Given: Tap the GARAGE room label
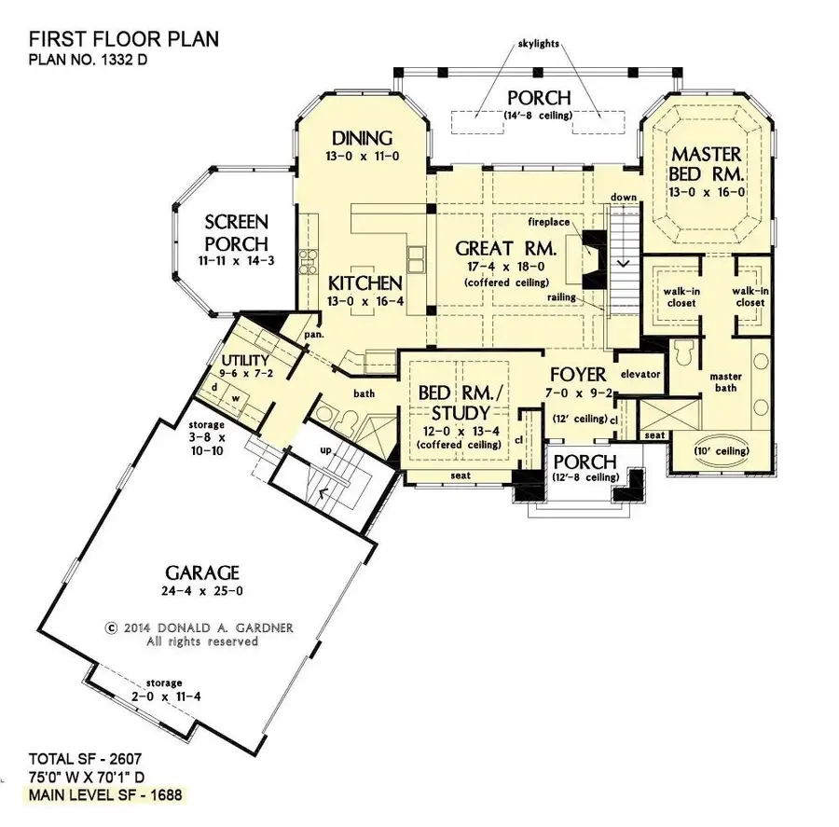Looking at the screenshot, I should (202, 572).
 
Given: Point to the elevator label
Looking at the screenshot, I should (640, 374).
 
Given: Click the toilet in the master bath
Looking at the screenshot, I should (681, 352).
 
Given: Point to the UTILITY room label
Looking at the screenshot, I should (245, 361).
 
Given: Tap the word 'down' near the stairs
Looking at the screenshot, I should (623, 198).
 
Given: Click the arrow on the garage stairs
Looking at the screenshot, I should (323, 492).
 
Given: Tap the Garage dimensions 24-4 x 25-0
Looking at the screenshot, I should (202, 589).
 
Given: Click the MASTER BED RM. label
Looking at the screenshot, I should (707, 164).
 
